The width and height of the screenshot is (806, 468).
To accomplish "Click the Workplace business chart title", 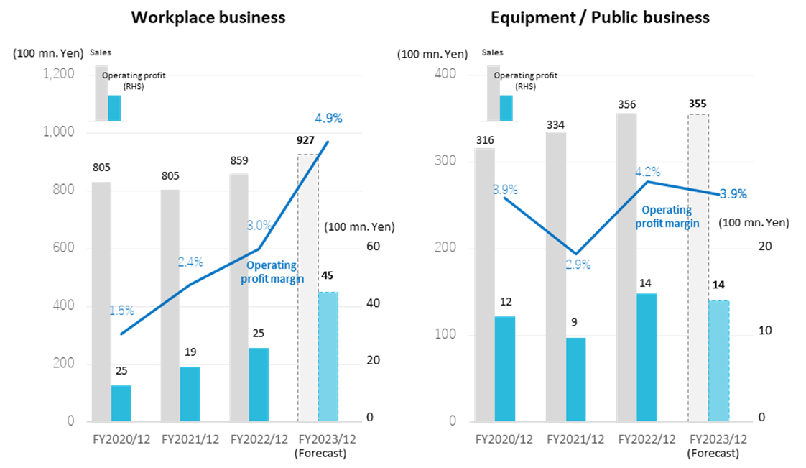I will tap(208, 17).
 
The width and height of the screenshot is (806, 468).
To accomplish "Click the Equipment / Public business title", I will tap(600, 17).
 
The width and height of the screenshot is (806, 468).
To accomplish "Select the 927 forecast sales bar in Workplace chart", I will tap(308, 288).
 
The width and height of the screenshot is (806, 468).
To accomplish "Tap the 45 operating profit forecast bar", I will tap(328, 356).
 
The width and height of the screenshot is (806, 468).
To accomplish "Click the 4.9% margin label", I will tap(328, 118).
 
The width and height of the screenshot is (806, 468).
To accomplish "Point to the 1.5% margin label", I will tap(121, 311).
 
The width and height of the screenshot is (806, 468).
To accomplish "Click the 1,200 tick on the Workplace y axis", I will tap(59, 74).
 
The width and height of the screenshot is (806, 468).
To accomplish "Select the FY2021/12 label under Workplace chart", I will tap(190, 439).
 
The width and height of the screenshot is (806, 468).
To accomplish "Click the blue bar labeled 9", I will tap(575, 379).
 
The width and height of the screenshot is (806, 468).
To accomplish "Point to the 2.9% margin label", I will tap(578, 265).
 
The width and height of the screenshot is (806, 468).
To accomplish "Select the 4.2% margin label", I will tap(647, 172).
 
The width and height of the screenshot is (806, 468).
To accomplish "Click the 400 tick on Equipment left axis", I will tap(447, 74).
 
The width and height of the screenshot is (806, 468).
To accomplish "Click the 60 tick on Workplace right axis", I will tap(372, 247).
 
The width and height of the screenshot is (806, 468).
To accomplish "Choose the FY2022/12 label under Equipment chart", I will tap(647, 439).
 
